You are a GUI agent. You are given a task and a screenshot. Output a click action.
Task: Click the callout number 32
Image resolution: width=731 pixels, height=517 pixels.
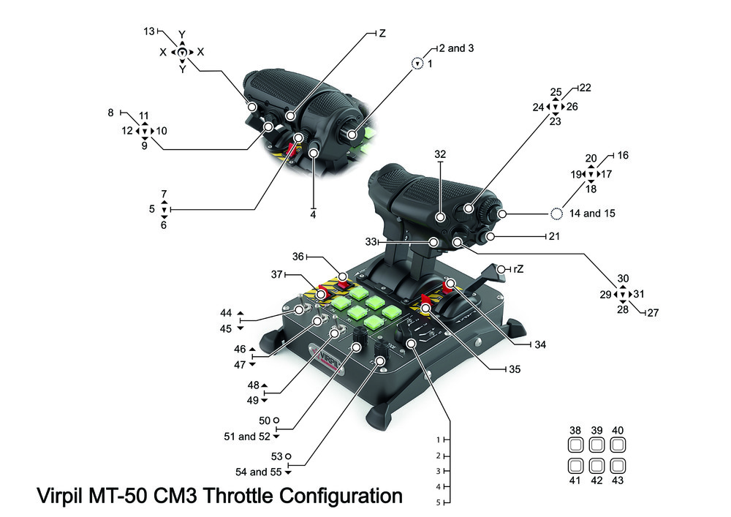tap(439, 155)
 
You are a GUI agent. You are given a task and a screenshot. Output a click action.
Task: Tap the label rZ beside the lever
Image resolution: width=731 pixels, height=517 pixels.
tap(518, 270)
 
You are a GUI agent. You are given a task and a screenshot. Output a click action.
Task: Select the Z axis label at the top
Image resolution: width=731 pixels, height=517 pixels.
tap(382, 34)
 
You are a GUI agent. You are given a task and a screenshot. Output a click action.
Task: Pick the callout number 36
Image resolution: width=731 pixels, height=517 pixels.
tap(298, 257)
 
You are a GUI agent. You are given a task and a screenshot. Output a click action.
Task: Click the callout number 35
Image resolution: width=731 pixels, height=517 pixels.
tap(515, 369)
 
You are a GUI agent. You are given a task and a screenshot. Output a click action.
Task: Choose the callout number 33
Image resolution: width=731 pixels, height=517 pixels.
tap(371, 241)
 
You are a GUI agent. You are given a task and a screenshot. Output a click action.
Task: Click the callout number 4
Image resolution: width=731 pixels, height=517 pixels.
tap(313, 215)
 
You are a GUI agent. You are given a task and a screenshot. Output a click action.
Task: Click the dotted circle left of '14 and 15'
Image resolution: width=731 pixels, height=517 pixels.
tap(556, 214)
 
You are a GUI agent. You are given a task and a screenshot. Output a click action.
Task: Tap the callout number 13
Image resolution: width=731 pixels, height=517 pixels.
tap(149, 31)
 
